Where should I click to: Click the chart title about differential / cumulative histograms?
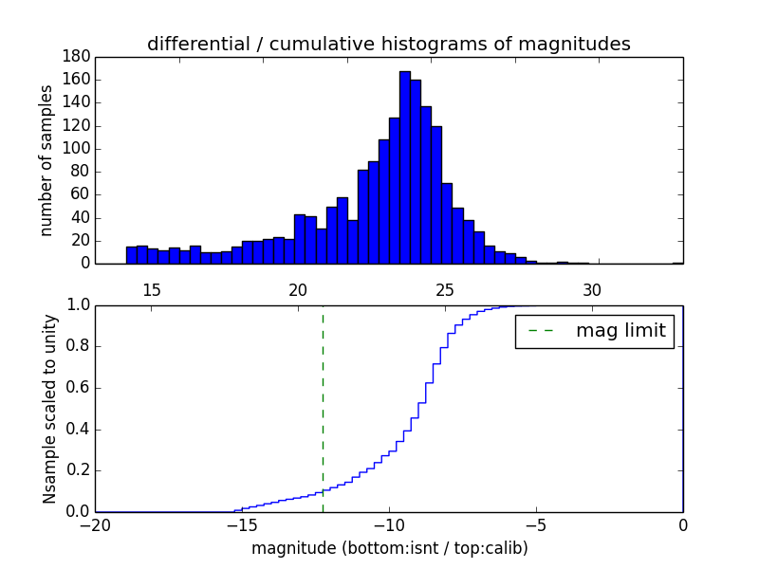click(x=388, y=44)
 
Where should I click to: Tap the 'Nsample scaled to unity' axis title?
click(x=50, y=409)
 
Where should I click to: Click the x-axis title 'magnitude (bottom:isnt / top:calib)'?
click(x=389, y=548)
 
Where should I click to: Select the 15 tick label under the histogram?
click(x=152, y=289)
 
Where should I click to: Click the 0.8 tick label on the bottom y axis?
click(x=78, y=346)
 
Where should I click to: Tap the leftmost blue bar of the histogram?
click(x=131, y=255)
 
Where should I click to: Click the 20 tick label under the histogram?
click(x=299, y=289)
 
